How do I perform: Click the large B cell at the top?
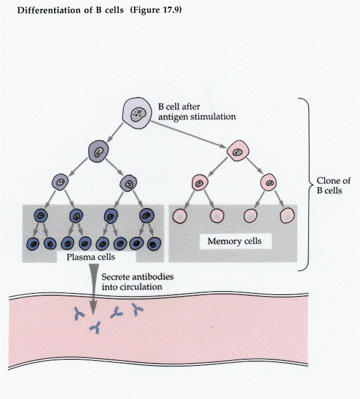[x=137, y=113]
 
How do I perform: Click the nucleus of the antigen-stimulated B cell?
[x=138, y=115]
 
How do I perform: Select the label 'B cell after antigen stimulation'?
[x=197, y=111]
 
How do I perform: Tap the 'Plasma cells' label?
[x=90, y=257]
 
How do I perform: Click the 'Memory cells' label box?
[x=234, y=241]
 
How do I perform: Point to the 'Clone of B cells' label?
[x=334, y=185]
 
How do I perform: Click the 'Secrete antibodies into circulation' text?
[x=138, y=281]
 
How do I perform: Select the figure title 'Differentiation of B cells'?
[x=70, y=10]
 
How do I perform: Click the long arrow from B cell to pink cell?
[x=188, y=134]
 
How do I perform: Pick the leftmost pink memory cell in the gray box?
[x=180, y=216]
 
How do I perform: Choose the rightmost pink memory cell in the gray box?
[x=287, y=216]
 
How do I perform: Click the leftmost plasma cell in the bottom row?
[x=33, y=244]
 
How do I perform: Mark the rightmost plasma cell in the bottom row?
[x=154, y=244]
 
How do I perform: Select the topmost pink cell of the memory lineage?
[x=238, y=151]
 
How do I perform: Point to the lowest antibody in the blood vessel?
[x=96, y=328]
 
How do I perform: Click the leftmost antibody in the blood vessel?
[x=79, y=313]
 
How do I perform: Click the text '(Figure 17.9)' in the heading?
[x=156, y=10]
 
